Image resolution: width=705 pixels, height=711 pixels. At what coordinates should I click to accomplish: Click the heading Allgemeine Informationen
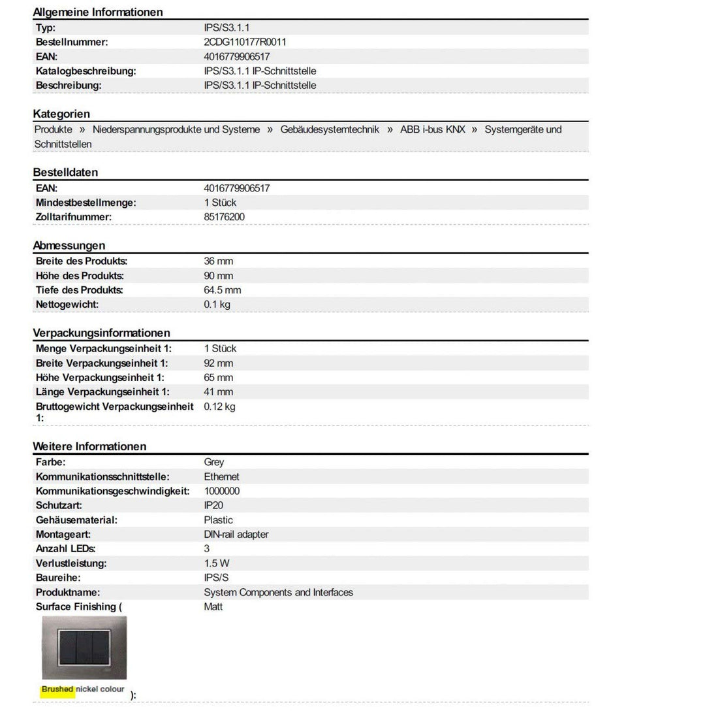(x=98, y=12)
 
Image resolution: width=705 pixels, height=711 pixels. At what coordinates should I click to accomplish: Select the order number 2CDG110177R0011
(x=245, y=42)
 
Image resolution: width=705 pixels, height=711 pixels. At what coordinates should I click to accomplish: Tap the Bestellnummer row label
(x=72, y=42)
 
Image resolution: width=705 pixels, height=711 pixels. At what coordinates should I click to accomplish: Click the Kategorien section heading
(x=61, y=114)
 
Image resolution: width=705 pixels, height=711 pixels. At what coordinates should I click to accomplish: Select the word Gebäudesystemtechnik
(x=330, y=129)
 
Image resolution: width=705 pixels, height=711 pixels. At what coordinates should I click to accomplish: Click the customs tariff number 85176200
(x=225, y=217)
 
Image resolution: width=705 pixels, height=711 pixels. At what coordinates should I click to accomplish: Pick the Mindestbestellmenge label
(x=86, y=203)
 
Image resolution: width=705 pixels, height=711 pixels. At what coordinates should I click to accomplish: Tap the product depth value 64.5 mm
(x=223, y=290)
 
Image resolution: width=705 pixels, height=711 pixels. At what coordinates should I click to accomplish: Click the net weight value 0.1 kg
(x=217, y=305)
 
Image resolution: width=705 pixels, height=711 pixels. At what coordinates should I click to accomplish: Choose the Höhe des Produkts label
(x=80, y=276)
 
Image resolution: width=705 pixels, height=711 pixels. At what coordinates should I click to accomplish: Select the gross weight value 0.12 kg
(x=219, y=406)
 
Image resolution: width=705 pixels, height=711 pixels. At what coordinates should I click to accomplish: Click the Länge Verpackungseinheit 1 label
(x=102, y=392)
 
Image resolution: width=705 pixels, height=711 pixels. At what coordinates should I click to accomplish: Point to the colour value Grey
(x=214, y=463)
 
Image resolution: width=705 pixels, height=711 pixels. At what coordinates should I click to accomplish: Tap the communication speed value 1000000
(x=222, y=491)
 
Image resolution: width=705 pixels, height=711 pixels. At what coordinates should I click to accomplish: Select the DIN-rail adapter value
(x=236, y=535)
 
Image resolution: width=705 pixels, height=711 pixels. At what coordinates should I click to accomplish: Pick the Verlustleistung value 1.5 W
(x=217, y=563)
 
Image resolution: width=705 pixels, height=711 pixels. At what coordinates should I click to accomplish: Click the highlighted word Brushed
(x=57, y=689)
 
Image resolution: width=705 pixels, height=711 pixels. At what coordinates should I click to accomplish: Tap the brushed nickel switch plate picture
(x=84, y=648)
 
